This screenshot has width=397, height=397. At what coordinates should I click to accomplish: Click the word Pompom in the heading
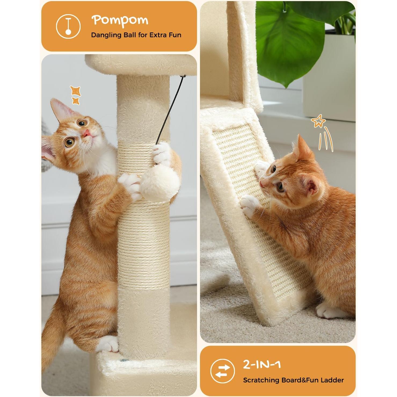(x=120, y=20)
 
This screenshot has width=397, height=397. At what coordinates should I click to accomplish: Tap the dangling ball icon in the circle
(x=68, y=26)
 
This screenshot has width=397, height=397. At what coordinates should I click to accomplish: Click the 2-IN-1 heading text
(x=262, y=365)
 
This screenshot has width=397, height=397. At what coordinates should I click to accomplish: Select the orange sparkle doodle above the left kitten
(x=75, y=95)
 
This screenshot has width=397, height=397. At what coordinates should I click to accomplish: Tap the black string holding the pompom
(x=172, y=107)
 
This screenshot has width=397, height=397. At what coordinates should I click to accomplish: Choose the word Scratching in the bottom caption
(x=261, y=380)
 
